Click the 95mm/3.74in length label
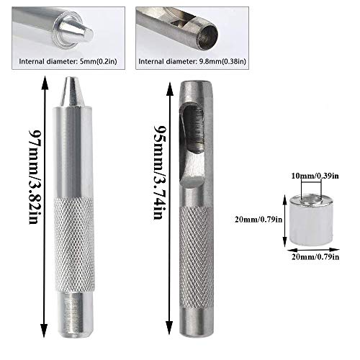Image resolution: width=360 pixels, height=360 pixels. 158,172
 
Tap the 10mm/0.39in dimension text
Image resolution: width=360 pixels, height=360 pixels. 315,176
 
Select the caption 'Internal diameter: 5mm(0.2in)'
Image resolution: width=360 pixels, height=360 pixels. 68,61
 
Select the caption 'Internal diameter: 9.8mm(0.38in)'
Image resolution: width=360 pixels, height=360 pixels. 192,61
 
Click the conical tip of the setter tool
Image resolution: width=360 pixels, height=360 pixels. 71,91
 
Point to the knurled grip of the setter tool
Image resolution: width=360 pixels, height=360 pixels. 74,244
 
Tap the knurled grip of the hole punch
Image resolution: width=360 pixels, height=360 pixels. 197,258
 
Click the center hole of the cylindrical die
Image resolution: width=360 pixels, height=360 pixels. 311,201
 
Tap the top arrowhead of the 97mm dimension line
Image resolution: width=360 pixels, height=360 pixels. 44,82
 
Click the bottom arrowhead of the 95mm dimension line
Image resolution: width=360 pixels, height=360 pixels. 169,328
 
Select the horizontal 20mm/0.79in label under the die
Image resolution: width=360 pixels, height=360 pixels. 315,257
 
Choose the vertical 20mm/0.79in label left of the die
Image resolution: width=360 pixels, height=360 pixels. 258,220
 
